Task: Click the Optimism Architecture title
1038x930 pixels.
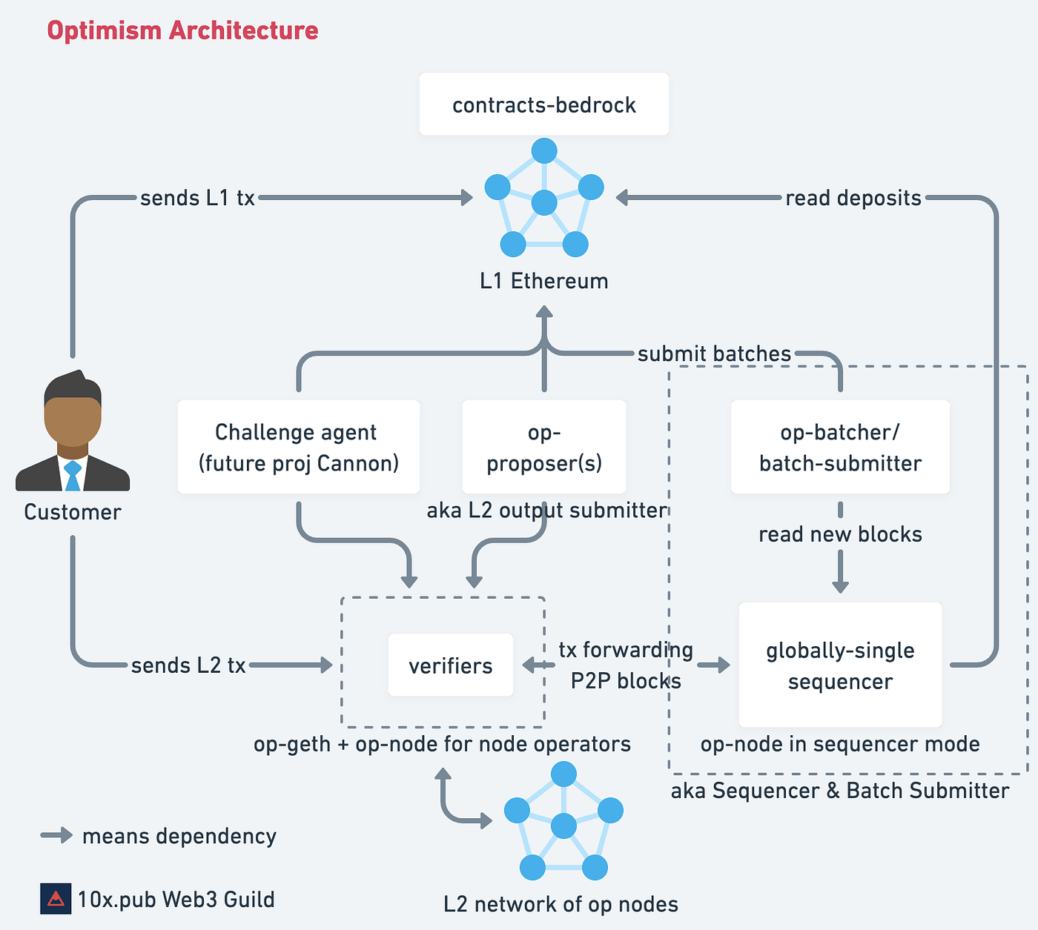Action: pos(182,30)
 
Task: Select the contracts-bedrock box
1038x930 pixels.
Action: pos(543,104)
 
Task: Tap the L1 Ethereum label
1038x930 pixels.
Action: pos(543,281)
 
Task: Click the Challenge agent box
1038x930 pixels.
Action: pos(298,447)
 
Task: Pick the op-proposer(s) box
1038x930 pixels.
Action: pos(543,447)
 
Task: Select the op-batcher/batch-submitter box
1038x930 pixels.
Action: pos(840,447)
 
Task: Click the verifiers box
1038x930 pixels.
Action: pos(450,665)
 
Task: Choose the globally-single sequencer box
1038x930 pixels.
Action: pos(840,665)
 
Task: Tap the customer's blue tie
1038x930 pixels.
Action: pos(72,476)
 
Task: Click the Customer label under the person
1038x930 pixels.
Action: pos(72,512)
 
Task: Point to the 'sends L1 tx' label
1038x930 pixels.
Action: pos(197,198)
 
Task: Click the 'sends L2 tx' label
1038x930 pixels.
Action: pos(188,665)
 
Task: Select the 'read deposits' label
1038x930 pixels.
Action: pos(853,198)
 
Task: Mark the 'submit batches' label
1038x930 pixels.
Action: pos(714,353)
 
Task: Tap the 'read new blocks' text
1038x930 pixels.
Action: pos(840,534)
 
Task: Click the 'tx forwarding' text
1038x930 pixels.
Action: pos(626,650)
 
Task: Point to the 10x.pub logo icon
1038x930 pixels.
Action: pos(56,899)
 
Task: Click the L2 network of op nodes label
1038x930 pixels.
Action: pos(561,904)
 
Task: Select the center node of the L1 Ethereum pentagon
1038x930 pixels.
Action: pos(544,202)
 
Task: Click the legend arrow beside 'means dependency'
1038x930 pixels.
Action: pos(56,836)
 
